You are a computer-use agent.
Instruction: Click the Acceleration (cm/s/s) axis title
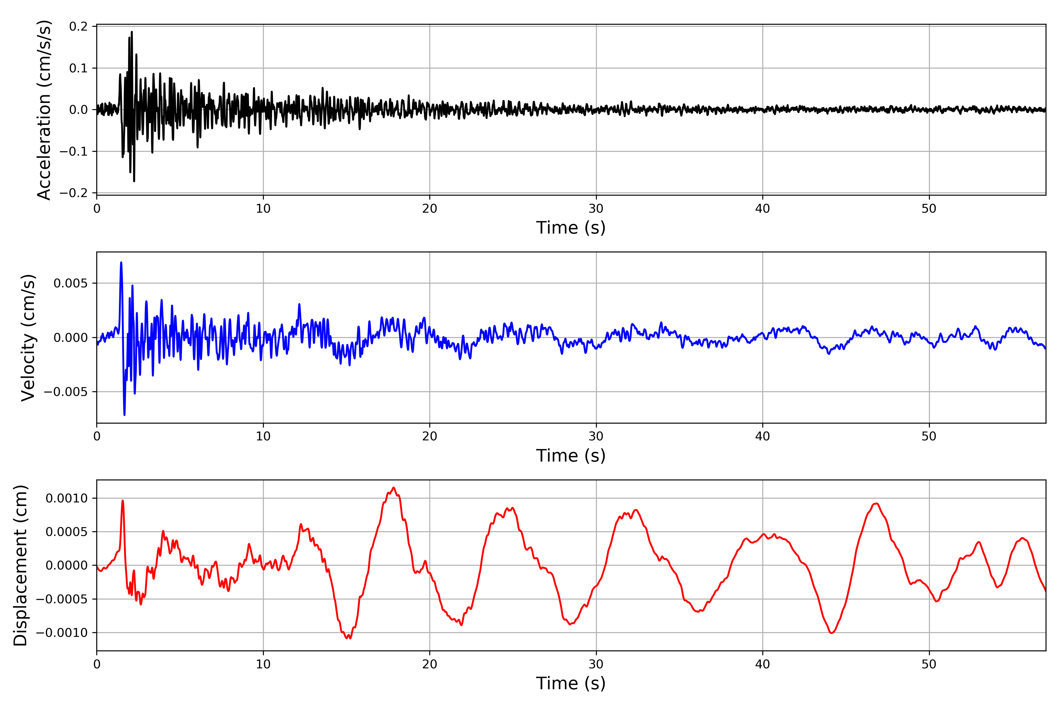tap(44, 109)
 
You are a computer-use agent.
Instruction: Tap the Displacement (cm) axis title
tap(21, 565)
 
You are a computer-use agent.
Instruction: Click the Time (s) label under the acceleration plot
tap(571, 228)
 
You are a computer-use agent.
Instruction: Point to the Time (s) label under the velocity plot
tap(571, 456)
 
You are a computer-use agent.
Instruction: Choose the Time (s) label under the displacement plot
tap(571, 683)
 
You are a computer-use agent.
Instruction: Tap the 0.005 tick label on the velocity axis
tap(71, 283)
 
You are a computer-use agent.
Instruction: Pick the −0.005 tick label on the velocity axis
tap(66, 392)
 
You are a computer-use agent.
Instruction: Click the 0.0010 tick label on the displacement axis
tap(67, 498)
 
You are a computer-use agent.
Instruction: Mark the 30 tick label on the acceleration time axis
tap(596, 209)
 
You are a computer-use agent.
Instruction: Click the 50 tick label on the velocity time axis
tap(929, 436)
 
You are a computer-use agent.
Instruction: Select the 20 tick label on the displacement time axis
tap(430, 664)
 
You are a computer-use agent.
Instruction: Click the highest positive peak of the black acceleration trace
tap(132, 32)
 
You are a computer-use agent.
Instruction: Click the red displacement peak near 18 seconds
tap(393, 488)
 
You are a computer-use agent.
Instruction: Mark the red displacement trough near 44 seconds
tap(832, 633)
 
